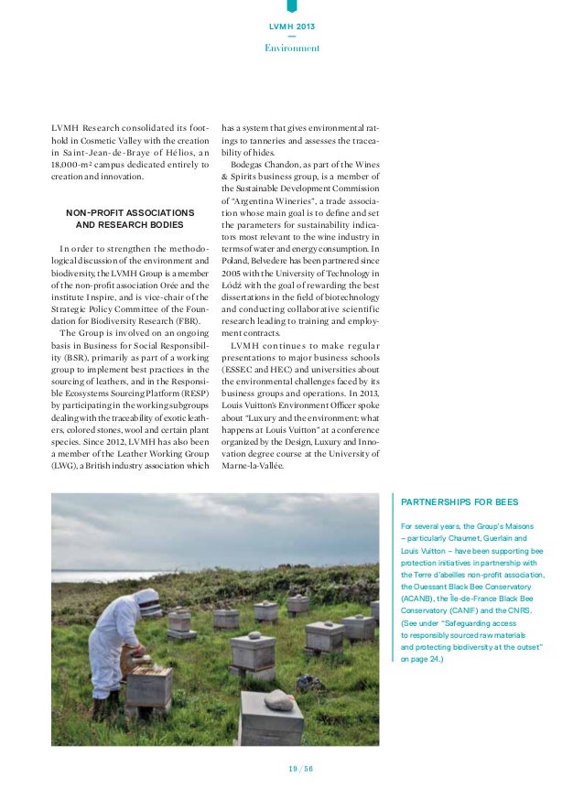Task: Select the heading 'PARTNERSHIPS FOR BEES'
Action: pos(453,502)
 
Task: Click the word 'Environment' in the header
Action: pos(291,48)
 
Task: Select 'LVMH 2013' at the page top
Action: pos(291,27)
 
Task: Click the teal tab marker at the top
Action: pos(291,5)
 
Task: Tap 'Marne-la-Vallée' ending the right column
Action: pos(253,465)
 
